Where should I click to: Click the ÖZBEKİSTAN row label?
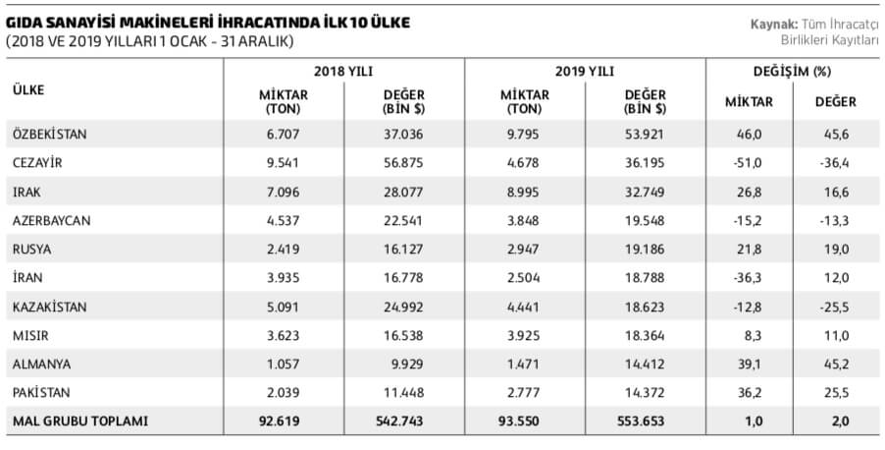(51, 133)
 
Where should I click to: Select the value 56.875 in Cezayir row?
(403, 162)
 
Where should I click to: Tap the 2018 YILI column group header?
(343, 72)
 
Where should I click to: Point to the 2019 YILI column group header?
(585, 72)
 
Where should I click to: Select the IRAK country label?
(27, 191)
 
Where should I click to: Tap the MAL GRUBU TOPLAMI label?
(80, 422)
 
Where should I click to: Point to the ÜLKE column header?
(29, 90)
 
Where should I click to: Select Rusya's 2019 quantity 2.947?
(525, 249)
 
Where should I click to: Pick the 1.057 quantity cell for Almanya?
(284, 364)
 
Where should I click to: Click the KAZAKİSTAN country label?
(50, 307)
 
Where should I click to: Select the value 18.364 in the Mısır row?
(645, 335)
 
